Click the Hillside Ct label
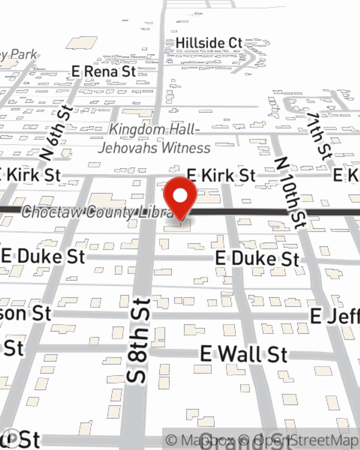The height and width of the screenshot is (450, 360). (x=209, y=43)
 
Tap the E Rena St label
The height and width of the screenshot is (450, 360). (x=104, y=71)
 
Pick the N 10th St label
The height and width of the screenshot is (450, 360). (x=290, y=193)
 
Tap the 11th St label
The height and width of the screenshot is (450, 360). (x=319, y=136)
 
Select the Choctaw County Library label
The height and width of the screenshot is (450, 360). (x=97, y=212)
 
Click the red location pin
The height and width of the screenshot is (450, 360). (x=180, y=197)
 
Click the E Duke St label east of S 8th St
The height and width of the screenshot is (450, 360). (x=257, y=259)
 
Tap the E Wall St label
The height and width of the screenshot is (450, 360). (x=244, y=354)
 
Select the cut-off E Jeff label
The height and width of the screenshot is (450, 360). (x=335, y=316)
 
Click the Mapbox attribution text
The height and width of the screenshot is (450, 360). (x=200, y=440)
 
